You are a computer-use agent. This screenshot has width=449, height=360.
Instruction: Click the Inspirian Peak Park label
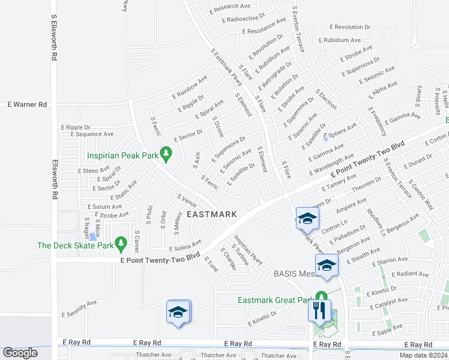[122, 155]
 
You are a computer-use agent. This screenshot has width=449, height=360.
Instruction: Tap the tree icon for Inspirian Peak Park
[167, 155]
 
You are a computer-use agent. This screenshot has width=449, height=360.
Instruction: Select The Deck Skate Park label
[76, 245]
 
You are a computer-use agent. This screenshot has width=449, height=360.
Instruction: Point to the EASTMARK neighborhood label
[211, 214]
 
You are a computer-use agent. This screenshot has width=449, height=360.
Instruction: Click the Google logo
[20, 353]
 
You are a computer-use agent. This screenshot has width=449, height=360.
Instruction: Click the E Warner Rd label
[27, 104]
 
